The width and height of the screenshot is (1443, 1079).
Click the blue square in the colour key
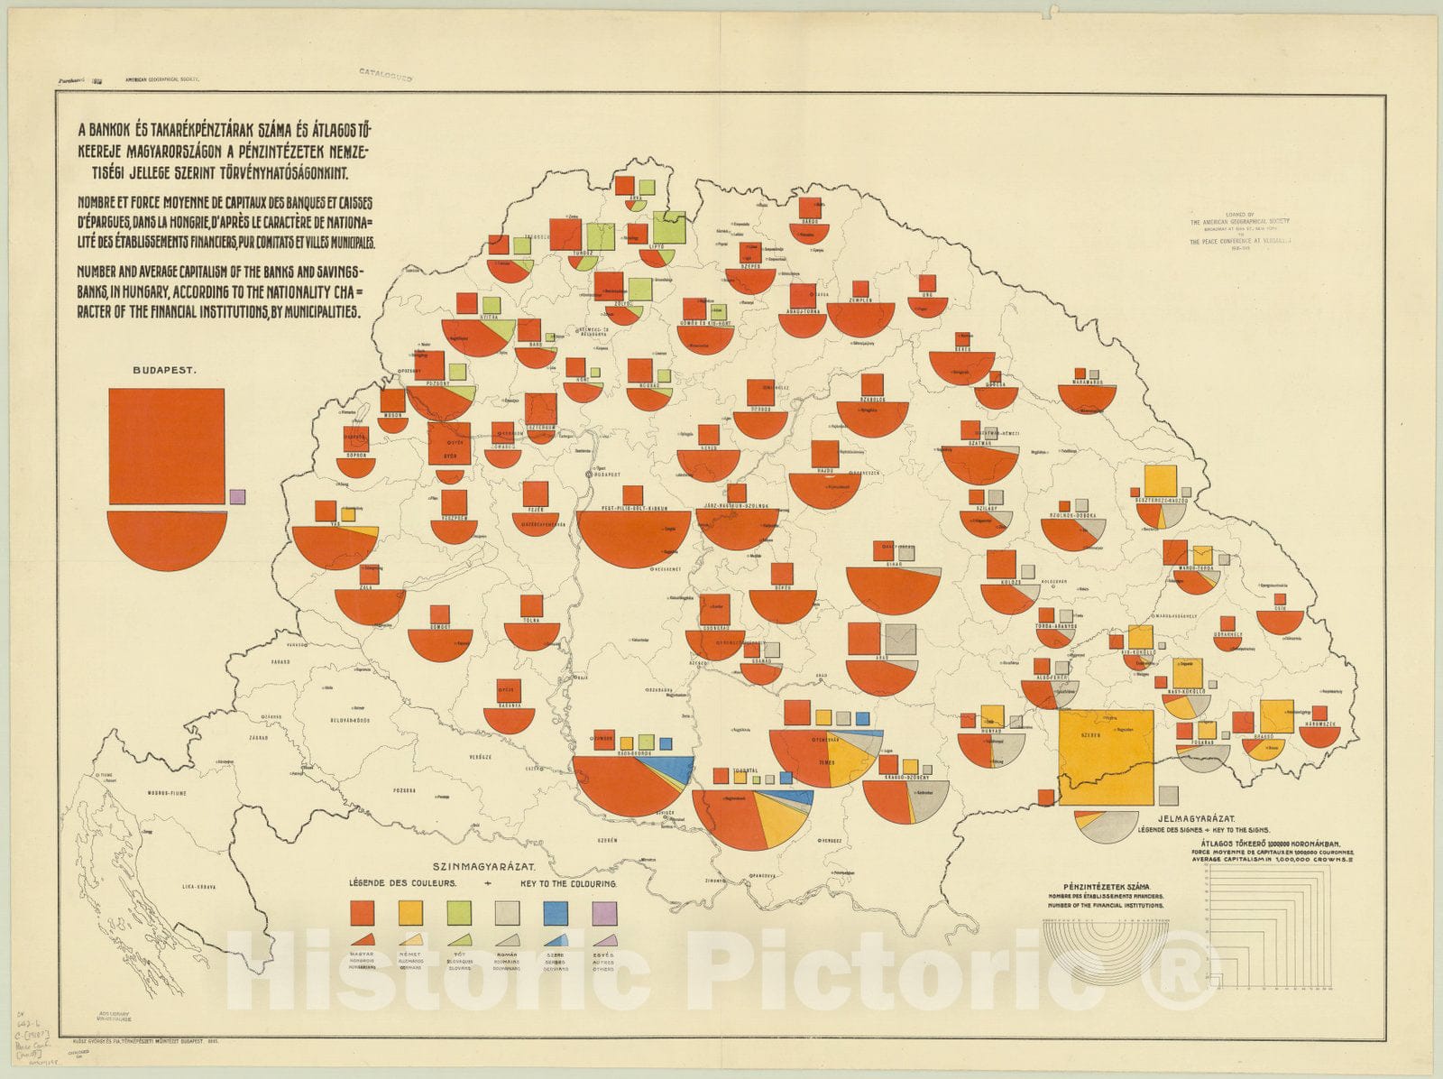coord(555,913)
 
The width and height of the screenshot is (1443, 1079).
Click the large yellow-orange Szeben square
coord(1106,757)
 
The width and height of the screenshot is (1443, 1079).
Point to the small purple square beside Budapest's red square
coord(237,496)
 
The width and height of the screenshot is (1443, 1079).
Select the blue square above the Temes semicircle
coord(863,718)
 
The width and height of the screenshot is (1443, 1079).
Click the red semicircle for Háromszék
coord(1319,734)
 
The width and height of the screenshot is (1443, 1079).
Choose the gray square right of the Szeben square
coord(1168,796)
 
